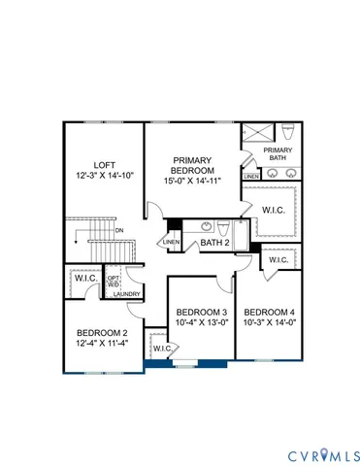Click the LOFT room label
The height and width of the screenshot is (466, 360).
coord(102,165)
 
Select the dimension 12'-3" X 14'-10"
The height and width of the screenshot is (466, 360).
coord(102,176)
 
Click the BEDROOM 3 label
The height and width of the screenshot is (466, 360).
coord(201,312)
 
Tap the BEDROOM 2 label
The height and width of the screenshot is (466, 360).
coord(102,332)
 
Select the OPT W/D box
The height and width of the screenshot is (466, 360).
coord(114,279)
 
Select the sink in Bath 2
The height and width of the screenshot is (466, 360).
coord(207,225)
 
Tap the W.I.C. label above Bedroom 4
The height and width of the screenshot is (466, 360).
coord(278,260)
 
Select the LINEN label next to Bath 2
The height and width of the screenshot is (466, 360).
coord(172,241)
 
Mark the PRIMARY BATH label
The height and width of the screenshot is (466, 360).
coord(278,154)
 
